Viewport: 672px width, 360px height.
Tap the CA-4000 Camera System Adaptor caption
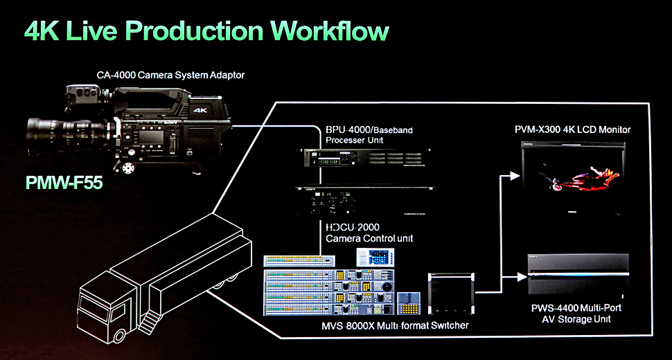tap(170, 75)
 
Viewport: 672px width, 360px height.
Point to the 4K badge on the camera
tap(200, 110)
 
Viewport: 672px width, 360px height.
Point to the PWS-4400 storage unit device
tap(578, 277)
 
